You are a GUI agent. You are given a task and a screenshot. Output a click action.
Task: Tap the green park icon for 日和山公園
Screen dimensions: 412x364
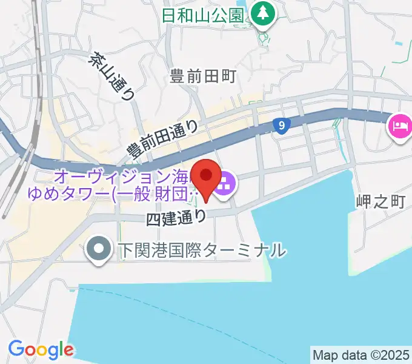(263, 15)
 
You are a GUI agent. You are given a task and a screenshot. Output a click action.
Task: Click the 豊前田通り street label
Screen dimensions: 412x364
(162, 139)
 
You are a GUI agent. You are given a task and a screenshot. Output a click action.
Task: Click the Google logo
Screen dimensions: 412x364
(41, 349)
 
